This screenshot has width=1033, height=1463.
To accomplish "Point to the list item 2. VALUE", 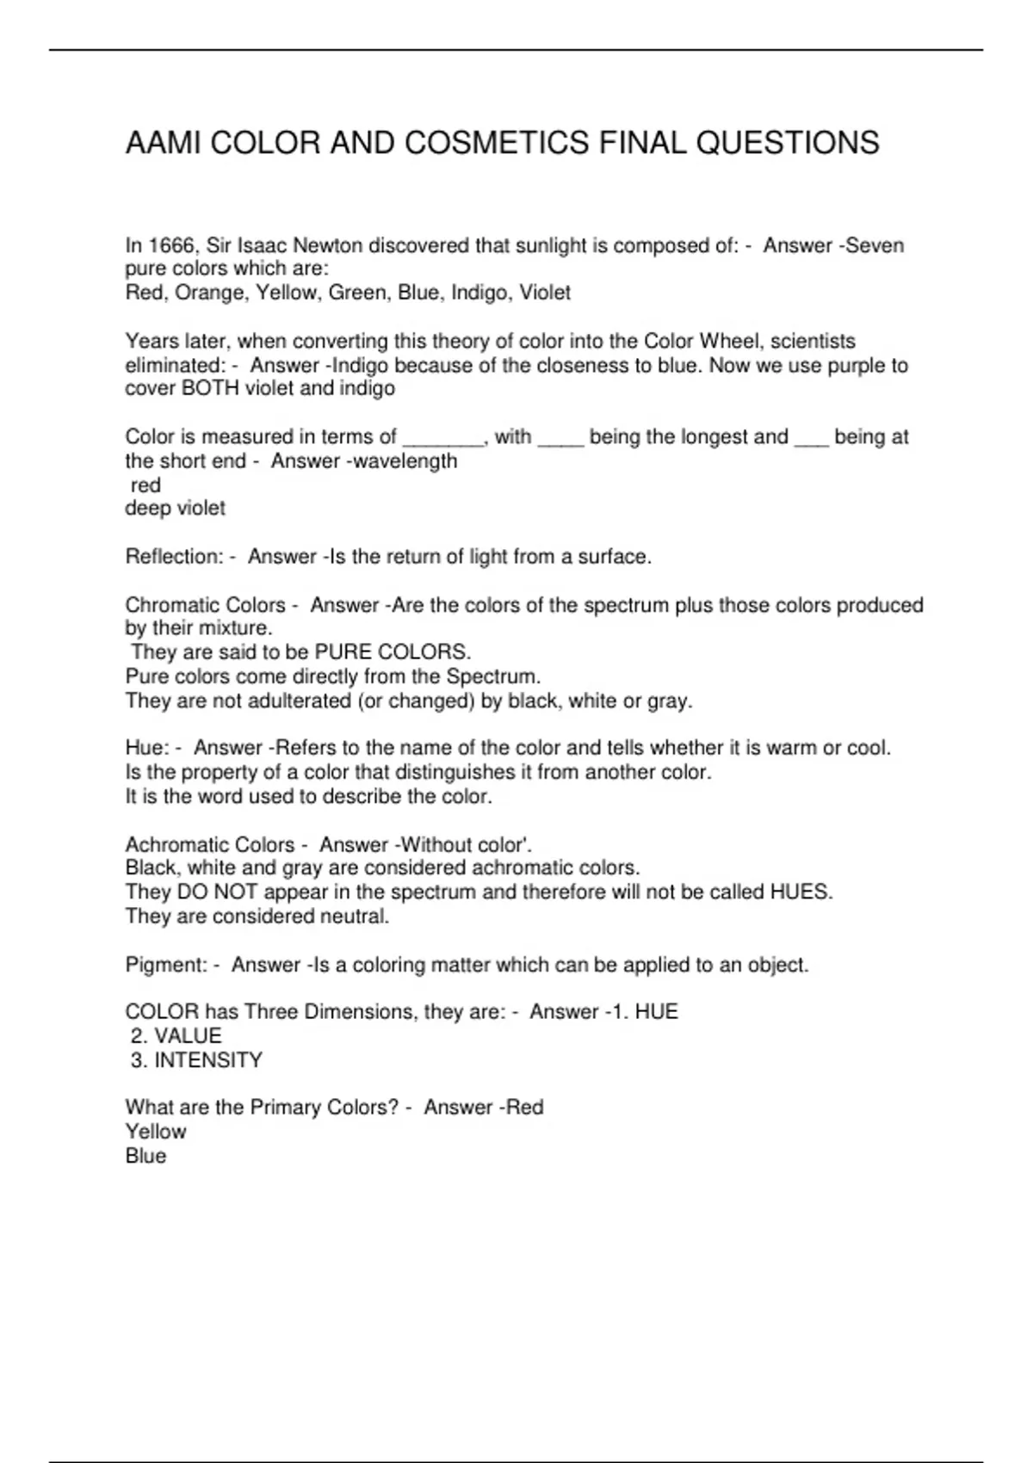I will click(176, 1036).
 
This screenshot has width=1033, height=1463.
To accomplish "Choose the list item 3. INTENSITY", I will click(196, 1060).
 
